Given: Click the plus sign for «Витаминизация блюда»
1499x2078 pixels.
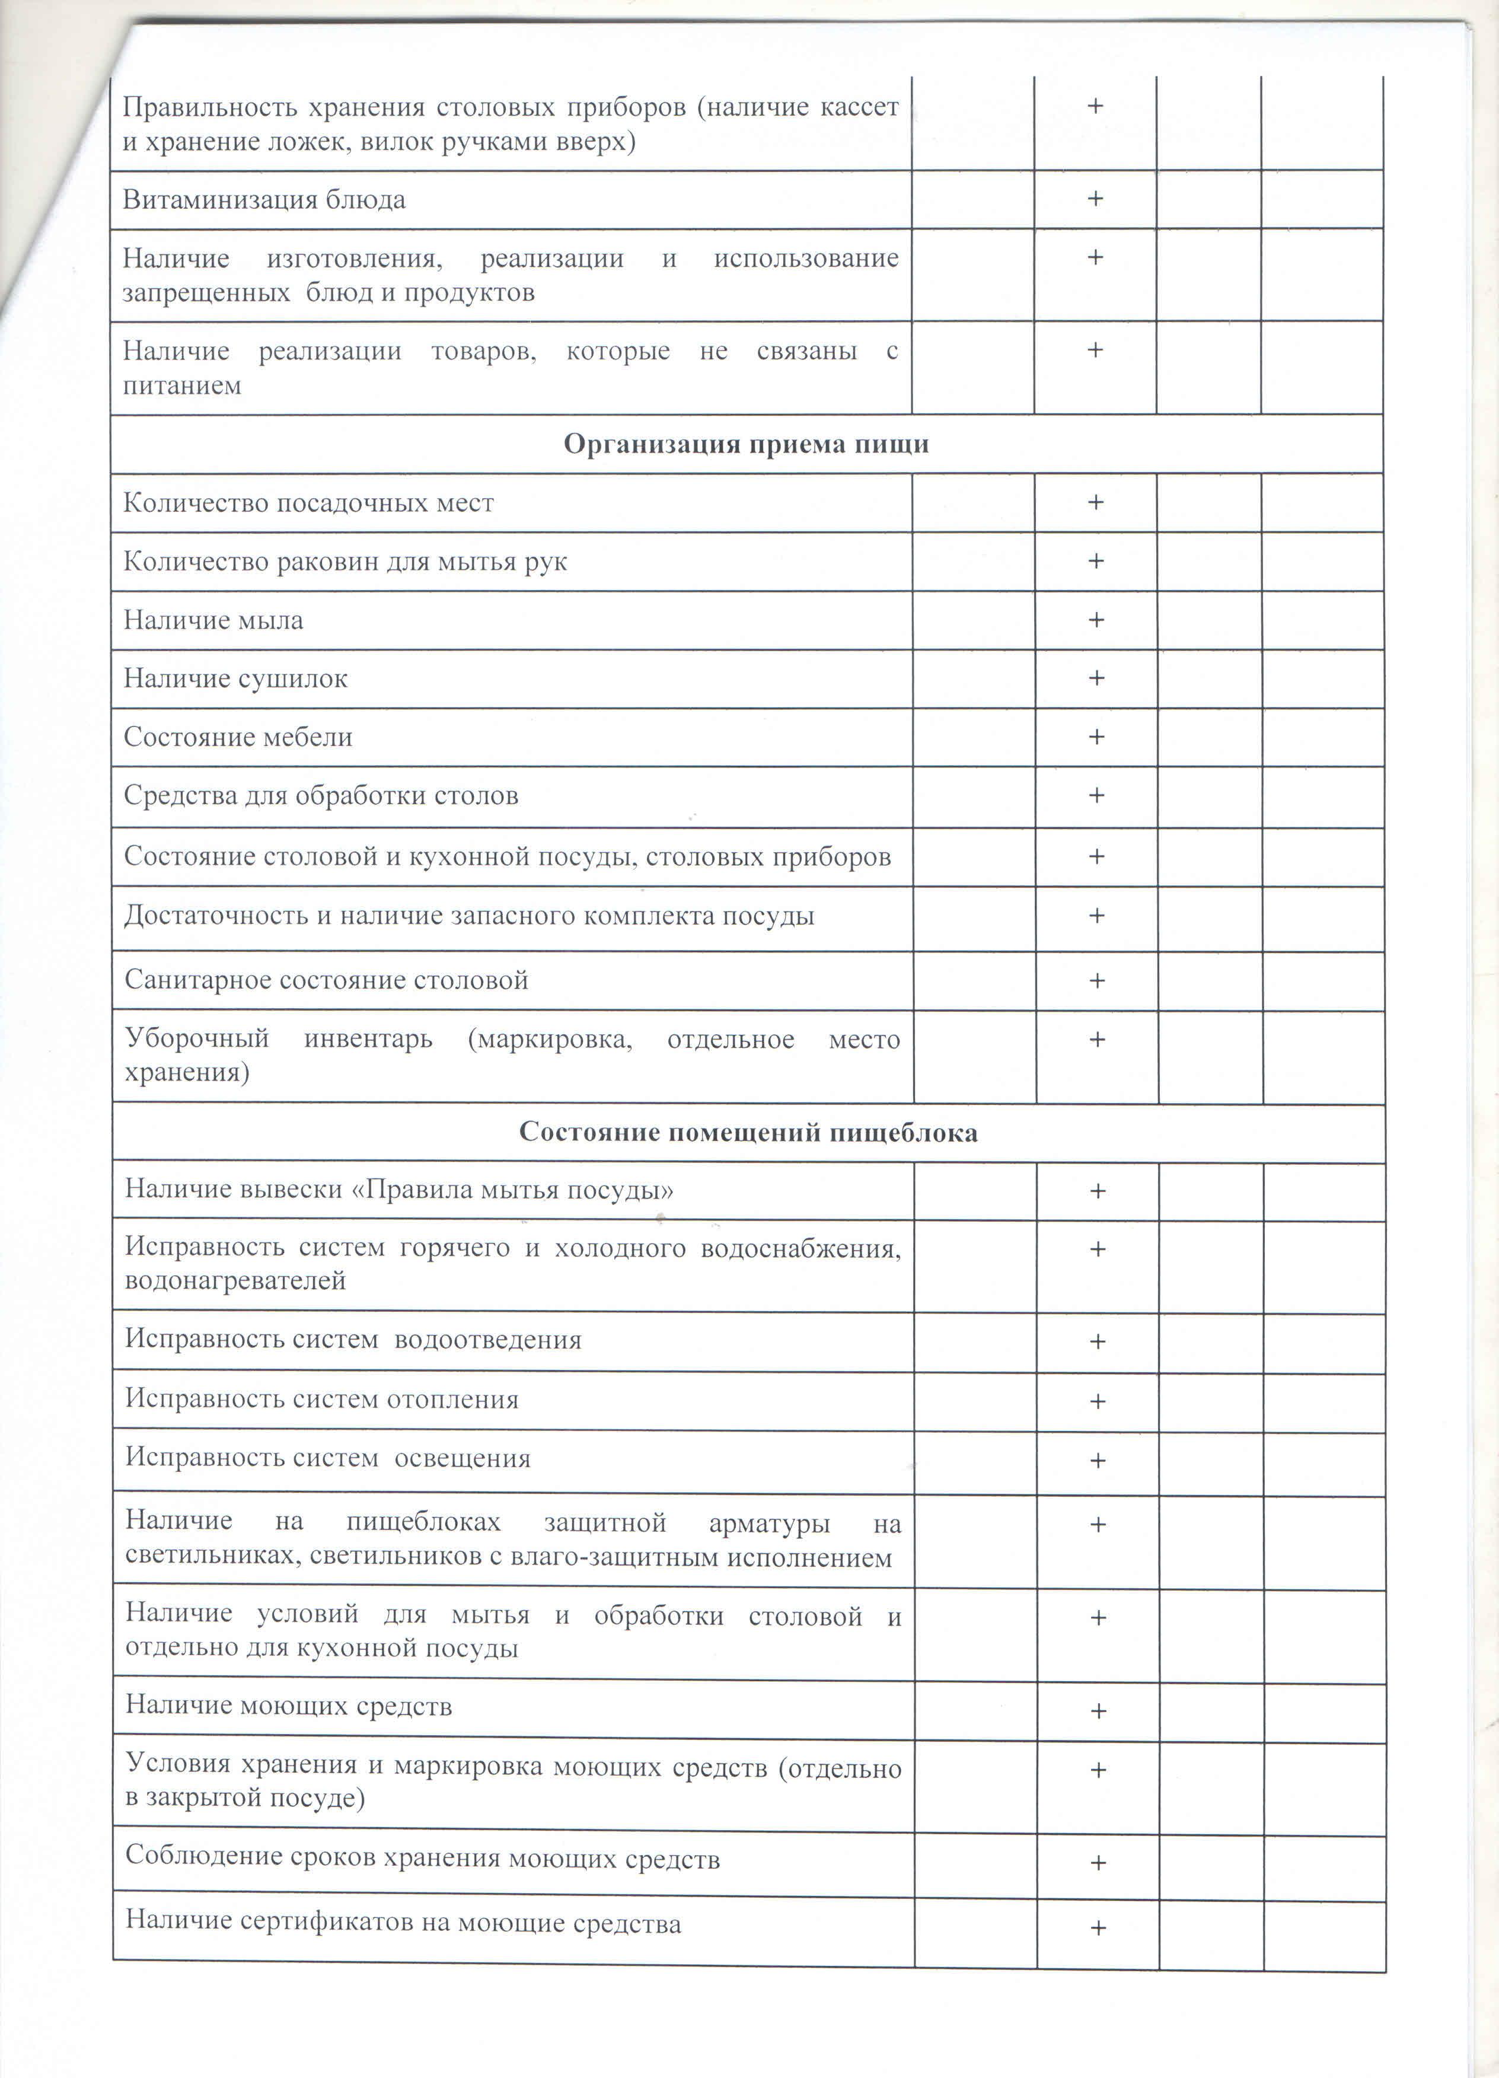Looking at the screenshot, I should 1095,199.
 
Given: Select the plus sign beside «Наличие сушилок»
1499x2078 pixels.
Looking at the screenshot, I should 1096,678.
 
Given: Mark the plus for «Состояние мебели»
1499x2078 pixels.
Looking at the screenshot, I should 1096,737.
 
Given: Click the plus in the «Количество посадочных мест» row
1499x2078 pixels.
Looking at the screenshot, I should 1095,502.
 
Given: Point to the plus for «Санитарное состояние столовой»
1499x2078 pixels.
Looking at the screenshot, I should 1097,980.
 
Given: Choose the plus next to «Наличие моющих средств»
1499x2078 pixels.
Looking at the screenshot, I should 1098,1710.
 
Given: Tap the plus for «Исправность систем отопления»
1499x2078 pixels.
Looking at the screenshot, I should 1098,1401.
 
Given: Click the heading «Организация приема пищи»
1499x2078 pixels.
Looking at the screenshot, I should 746,444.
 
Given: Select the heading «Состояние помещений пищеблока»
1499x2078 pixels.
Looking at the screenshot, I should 748,1133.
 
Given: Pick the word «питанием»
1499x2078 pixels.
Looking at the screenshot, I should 183,385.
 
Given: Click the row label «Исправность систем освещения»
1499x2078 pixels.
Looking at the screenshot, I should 328,1458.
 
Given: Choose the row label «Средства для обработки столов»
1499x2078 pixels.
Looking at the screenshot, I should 321,795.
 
